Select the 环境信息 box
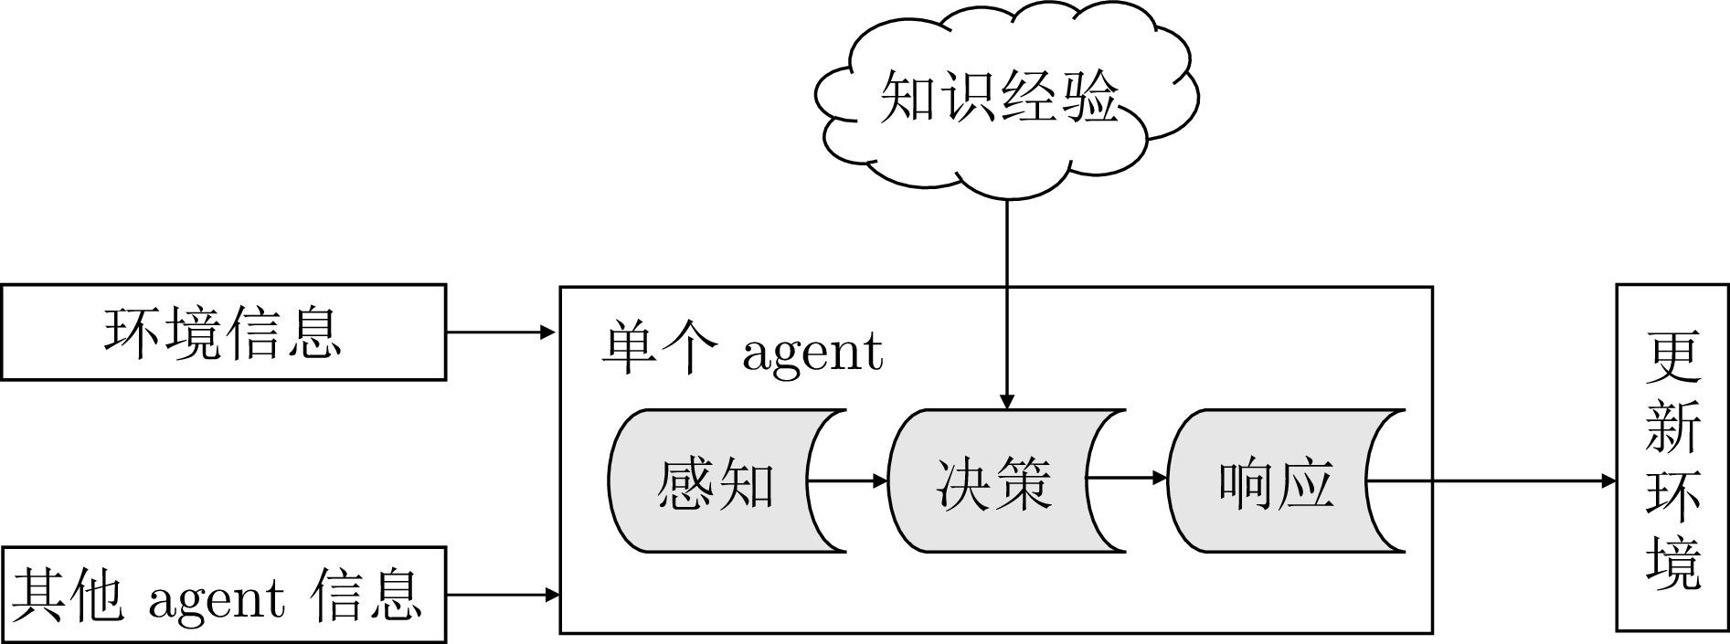coord(223,332)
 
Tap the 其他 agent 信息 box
coord(223,595)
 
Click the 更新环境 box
coord(1672,457)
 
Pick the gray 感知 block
coord(713,480)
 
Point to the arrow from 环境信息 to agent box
coord(502,332)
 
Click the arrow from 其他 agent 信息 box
coord(502,595)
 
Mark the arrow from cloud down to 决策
coord(1006,301)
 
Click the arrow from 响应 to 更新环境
coord(1490,480)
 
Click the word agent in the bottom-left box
coord(216,598)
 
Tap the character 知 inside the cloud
coord(907,96)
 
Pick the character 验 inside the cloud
coord(1088,96)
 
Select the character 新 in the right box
coord(1672,426)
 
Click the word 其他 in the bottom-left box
coord(68,595)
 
